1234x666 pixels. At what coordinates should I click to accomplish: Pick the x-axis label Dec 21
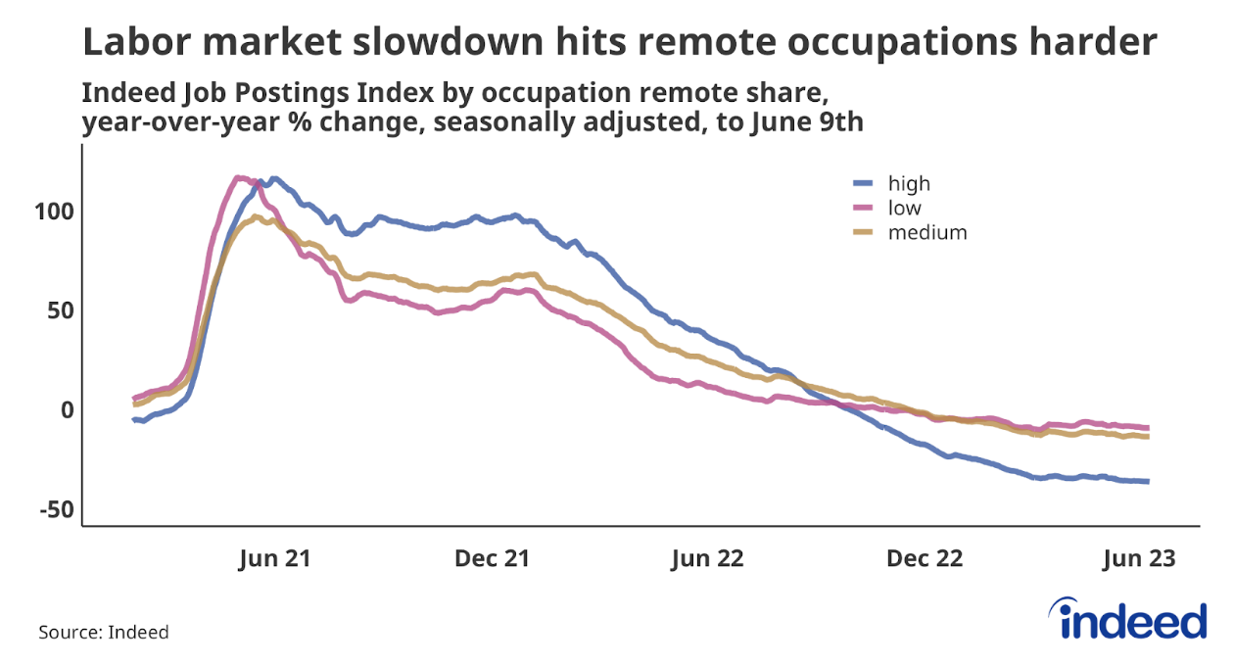click(x=493, y=558)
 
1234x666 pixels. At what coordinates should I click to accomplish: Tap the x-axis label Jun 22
click(x=707, y=558)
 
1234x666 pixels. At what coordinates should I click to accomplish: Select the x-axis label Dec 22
click(x=925, y=558)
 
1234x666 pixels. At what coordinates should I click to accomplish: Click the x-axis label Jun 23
click(x=1137, y=558)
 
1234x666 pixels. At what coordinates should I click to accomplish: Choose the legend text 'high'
click(x=909, y=183)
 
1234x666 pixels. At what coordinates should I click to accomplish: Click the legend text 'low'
click(x=905, y=208)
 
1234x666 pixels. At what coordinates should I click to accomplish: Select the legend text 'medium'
click(x=927, y=232)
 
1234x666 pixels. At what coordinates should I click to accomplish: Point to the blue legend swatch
click(x=863, y=183)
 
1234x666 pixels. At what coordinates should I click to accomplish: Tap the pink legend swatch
click(x=863, y=208)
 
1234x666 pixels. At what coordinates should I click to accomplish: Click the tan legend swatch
click(x=863, y=233)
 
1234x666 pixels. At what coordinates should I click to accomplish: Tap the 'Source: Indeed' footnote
click(x=104, y=632)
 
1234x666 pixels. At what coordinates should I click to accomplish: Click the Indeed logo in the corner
click(x=1133, y=620)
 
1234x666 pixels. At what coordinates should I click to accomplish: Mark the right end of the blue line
click(x=1147, y=481)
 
